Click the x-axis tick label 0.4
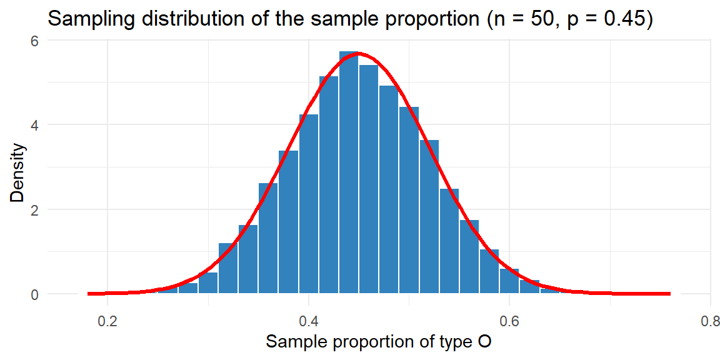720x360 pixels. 309,321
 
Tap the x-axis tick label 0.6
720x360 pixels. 509,321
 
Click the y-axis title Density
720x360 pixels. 19,172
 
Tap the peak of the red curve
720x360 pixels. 359,54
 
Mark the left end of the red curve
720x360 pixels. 89,294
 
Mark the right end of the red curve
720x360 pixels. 669,294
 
